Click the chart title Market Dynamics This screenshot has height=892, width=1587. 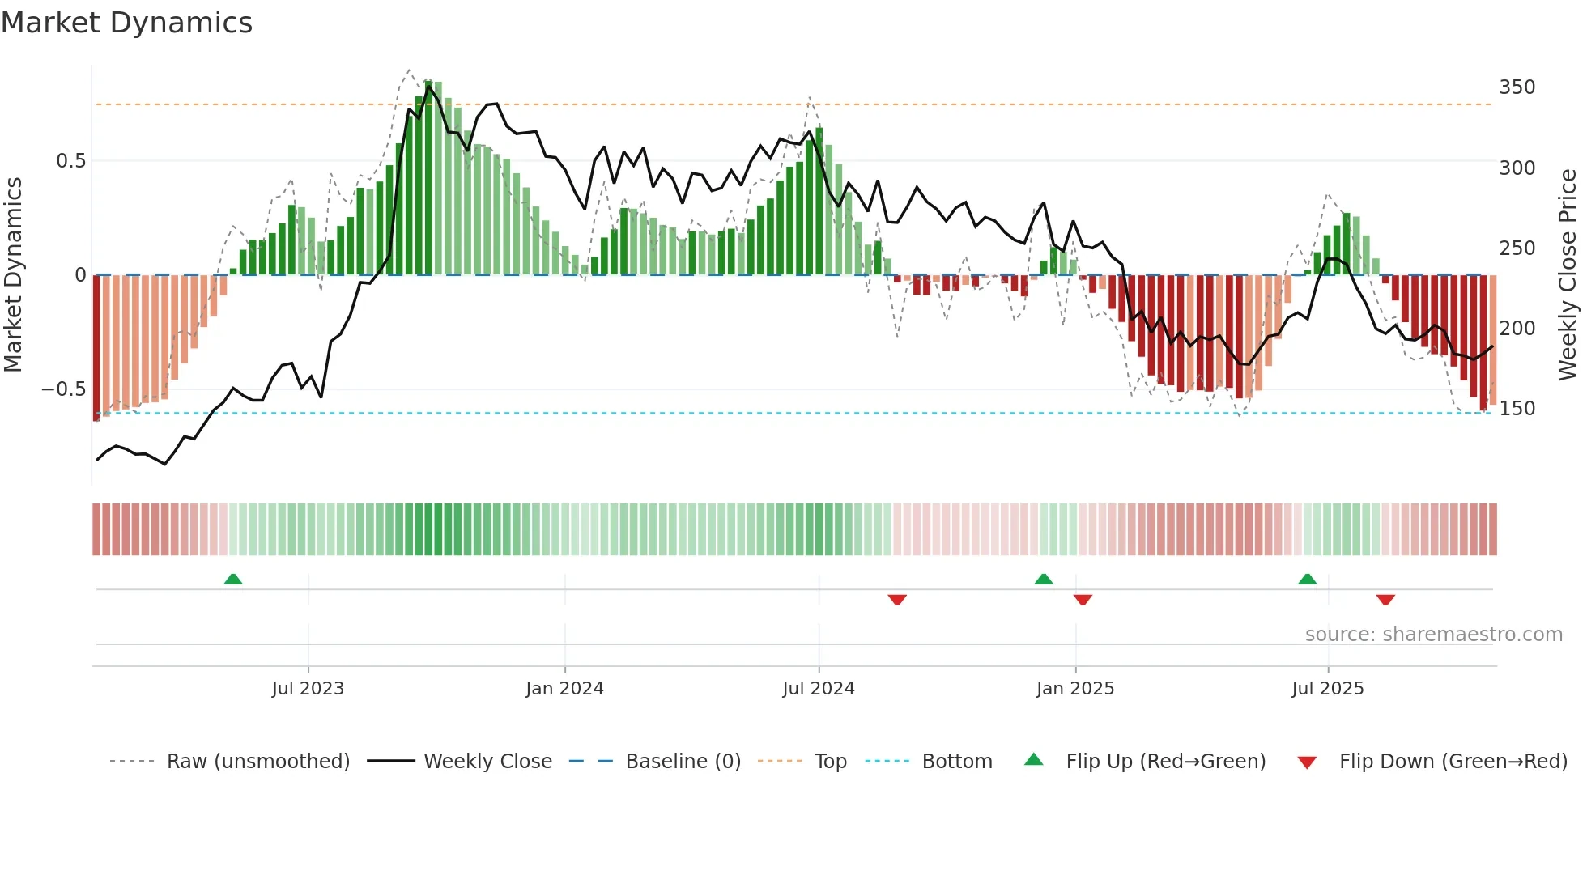[x=127, y=23]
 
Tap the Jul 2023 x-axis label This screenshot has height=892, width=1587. [x=308, y=689]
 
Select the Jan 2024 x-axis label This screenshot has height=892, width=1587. [x=564, y=689]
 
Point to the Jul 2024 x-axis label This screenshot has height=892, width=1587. [x=819, y=689]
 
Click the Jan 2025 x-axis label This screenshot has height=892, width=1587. [x=1075, y=689]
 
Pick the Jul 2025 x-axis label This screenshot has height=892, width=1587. [x=1328, y=689]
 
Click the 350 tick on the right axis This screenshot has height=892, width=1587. [x=1517, y=87]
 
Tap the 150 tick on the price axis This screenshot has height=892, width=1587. [x=1517, y=409]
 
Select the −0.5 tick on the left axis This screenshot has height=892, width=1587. [x=64, y=389]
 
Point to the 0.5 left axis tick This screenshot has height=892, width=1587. [x=70, y=161]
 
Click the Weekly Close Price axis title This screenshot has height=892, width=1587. [x=1568, y=275]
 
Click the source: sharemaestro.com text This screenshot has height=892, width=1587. [x=1433, y=635]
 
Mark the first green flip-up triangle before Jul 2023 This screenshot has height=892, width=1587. [x=233, y=579]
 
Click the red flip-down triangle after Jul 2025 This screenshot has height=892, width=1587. [x=1385, y=600]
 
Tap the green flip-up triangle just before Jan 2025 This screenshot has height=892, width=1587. [x=1044, y=579]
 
